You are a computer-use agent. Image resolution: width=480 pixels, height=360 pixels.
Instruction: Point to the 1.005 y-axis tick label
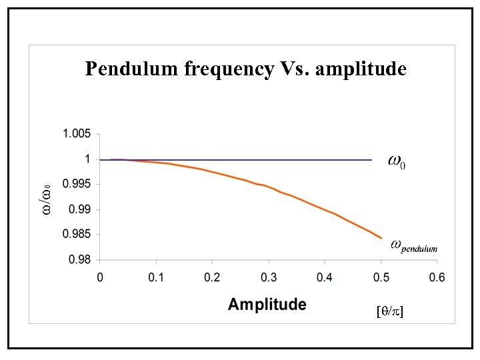[x=76, y=134]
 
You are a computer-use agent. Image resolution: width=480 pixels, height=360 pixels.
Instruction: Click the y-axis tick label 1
[x=87, y=159]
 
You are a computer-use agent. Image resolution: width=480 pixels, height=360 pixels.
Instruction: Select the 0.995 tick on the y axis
[x=76, y=184]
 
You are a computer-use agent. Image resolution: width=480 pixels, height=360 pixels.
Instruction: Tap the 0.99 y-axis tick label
[x=79, y=209]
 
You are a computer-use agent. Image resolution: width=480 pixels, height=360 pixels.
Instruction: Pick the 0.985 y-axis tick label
[x=76, y=234]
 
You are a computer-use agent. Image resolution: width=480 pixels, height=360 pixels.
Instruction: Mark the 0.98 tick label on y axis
[x=79, y=259]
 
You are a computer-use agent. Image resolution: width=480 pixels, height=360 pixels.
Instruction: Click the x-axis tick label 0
[x=100, y=277]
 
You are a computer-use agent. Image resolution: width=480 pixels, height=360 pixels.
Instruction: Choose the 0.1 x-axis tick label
[x=156, y=277]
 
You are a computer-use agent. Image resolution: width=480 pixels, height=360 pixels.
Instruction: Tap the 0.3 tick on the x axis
[x=269, y=277]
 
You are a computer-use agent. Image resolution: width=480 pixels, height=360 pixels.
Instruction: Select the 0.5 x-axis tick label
[x=381, y=277]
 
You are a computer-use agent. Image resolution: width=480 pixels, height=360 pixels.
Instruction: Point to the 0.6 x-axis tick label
[x=437, y=277]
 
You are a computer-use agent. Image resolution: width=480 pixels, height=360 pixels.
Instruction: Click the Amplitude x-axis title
[x=267, y=305]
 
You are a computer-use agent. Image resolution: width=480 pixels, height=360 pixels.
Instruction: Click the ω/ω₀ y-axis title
[x=46, y=199]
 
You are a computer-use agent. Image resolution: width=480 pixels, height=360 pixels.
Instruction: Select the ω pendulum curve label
[x=413, y=245]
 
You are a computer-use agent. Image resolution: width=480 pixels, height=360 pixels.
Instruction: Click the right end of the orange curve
[x=381, y=237]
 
